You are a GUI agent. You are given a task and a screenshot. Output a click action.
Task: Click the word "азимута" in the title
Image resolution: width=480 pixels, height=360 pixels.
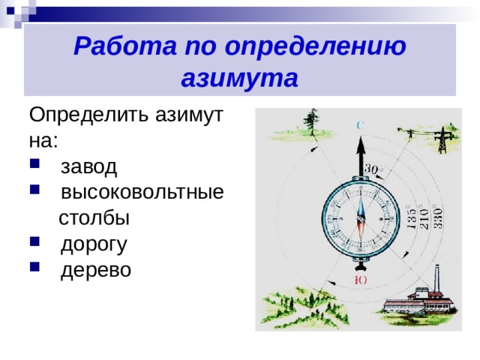click(240, 77)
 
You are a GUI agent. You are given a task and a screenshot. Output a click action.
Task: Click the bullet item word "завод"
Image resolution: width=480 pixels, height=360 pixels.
click(88, 166)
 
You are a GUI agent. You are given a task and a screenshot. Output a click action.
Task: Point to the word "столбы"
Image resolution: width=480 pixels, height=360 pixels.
click(94, 217)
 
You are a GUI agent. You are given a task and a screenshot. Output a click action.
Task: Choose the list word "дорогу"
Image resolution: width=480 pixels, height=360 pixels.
click(94, 244)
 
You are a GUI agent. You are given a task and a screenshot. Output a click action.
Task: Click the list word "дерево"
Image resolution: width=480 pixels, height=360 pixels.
click(95, 269)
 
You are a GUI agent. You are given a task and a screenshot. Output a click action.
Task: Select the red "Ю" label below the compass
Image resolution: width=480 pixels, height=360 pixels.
click(361, 280)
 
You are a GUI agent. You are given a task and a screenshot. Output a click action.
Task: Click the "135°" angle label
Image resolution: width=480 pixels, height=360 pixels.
click(412, 218)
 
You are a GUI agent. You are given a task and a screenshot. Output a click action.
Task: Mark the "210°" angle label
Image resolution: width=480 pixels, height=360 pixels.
click(424, 217)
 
